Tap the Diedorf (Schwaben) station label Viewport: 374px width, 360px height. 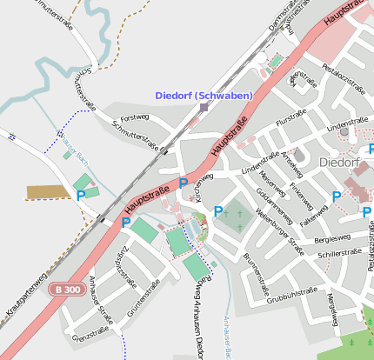click(204, 95)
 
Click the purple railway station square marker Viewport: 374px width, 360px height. click(204, 108)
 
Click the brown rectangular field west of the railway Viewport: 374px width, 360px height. click(45, 191)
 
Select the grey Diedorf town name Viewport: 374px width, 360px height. click(339, 162)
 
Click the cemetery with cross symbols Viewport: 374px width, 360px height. click(232, 217)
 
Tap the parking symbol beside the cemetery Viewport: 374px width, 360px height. click(217, 210)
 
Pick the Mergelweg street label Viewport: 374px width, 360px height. click(331, 309)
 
